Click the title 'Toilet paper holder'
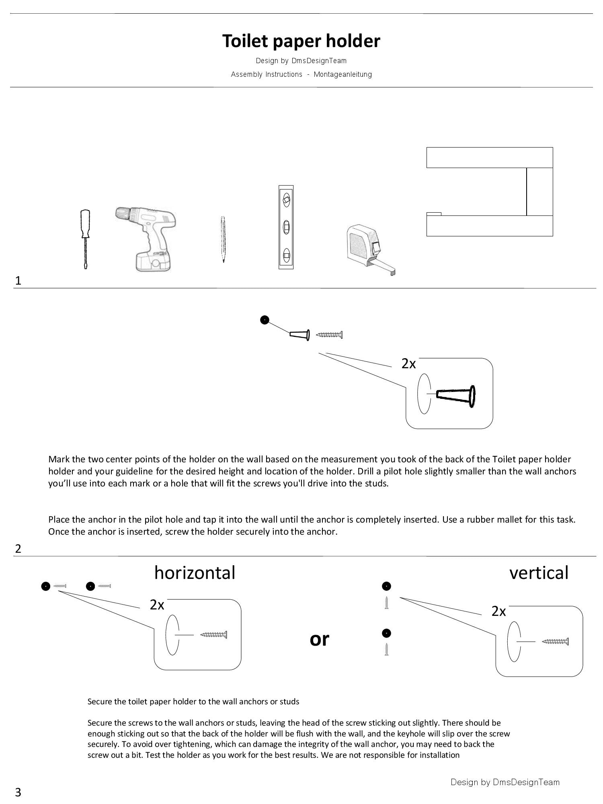pos(301,41)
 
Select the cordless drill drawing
pos(146,239)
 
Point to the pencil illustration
pos(223,240)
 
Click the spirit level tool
pos(286,227)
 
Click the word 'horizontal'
pos(195,572)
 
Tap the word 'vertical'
pos(539,572)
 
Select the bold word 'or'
pos(320,639)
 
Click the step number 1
pos(18,281)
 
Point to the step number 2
pos(18,549)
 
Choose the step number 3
pos(18,792)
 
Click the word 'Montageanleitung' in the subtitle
pos(343,74)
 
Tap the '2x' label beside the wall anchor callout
pos(408,363)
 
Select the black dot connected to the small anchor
pos(265,320)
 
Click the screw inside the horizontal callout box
pos(213,635)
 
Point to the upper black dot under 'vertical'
pos(386,586)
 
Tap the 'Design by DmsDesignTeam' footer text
pos(505,782)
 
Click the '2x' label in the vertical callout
pos(498,611)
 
